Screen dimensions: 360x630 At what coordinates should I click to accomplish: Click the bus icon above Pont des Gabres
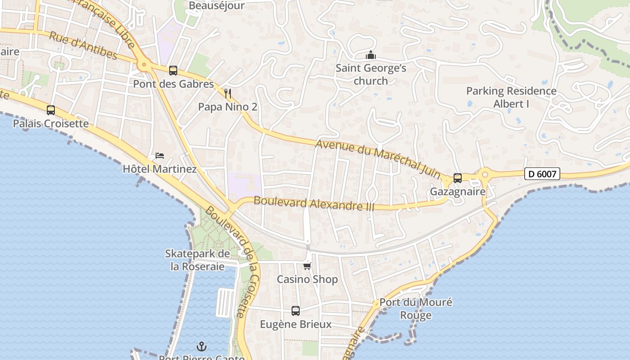[x=173, y=71]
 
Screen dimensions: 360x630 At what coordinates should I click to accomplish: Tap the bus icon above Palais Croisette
[x=51, y=110]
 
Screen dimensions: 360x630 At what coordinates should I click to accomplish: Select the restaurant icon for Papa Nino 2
[x=228, y=94]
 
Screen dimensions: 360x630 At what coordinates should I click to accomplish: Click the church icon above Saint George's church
[x=371, y=55]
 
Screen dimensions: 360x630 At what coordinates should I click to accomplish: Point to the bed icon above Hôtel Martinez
[x=160, y=156]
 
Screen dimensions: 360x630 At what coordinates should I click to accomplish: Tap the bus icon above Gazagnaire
[x=458, y=178]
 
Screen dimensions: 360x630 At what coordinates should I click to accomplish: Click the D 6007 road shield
[x=542, y=174]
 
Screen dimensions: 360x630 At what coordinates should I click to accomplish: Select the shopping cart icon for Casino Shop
[x=307, y=266]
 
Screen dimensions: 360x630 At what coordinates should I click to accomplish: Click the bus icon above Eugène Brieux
[x=296, y=311]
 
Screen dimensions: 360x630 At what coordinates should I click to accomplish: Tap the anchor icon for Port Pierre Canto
[x=202, y=346]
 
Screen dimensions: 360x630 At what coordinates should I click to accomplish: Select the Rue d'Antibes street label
[x=83, y=45]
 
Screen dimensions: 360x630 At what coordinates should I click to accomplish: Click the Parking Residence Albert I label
[x=511, y=97]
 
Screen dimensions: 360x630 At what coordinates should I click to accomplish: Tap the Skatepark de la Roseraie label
[x=198, y=260]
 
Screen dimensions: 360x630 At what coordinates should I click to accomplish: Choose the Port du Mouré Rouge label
[x=416, y=308]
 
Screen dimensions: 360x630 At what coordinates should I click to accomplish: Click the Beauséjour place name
[x=216, y=6]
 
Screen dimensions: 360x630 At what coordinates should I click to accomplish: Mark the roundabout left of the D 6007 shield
[x=485, y=174]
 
